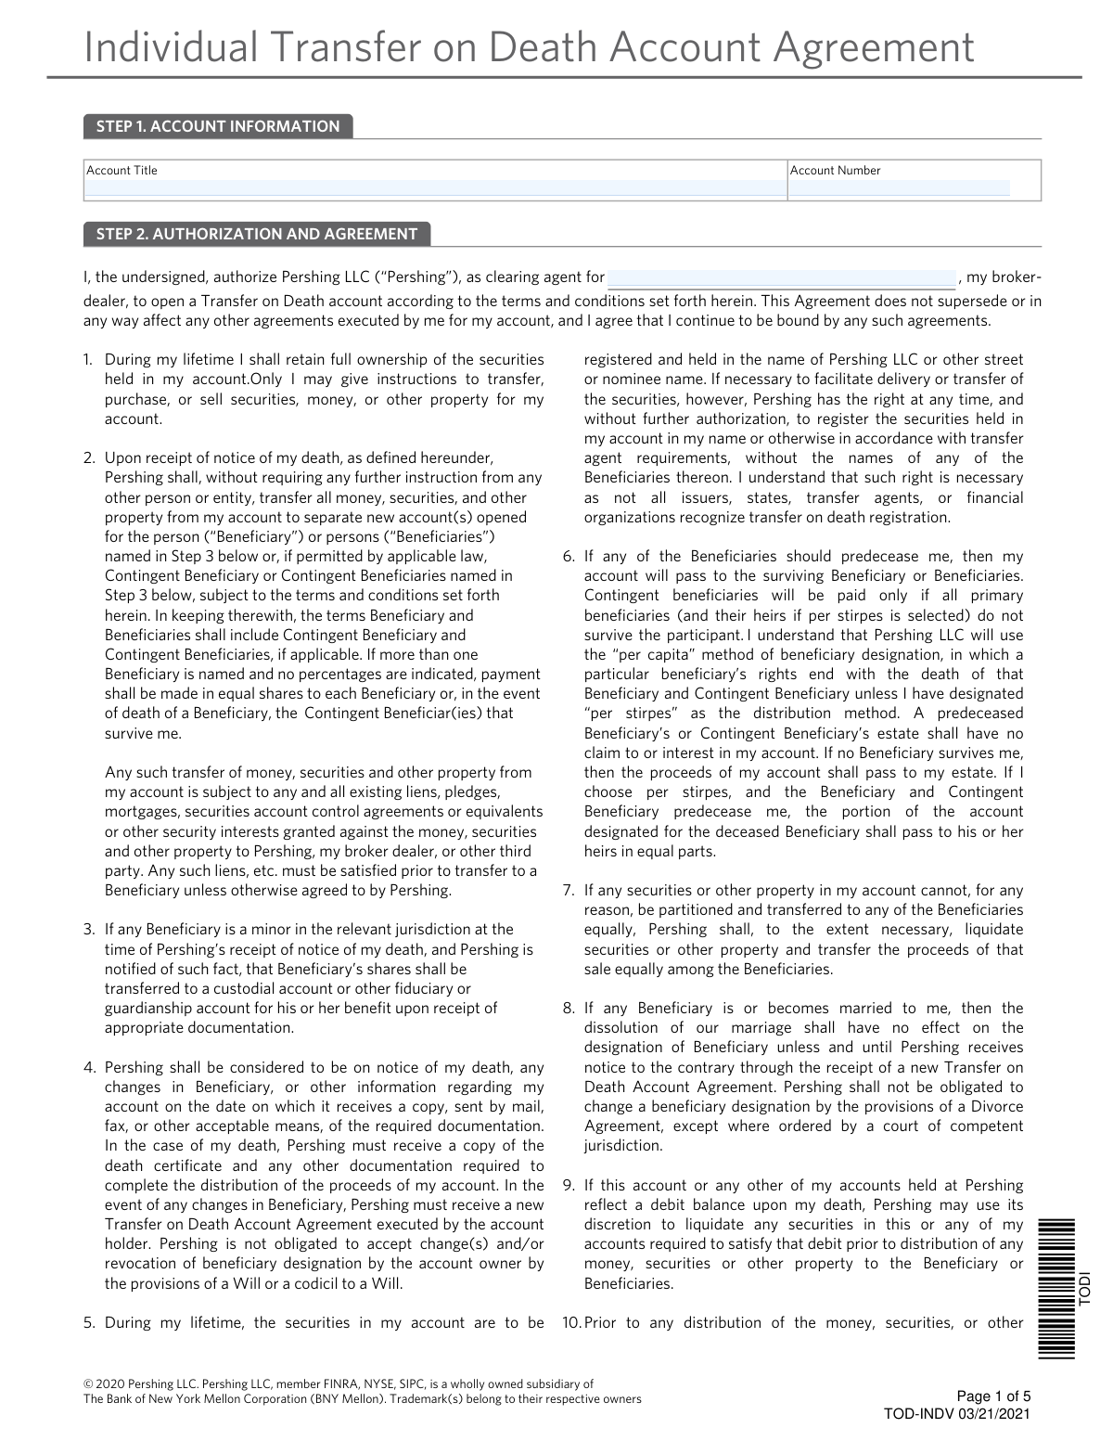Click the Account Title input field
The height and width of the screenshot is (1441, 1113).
click(x=434, y=188)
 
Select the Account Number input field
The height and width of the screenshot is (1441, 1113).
click(x=898, y=188)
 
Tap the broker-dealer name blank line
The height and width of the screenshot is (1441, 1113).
click(x=781, y=278)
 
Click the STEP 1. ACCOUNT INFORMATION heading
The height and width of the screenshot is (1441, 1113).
click(x=218, y=127)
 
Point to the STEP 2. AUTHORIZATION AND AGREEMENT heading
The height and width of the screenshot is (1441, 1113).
click(x=257, y=235)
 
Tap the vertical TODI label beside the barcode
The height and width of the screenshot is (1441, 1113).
click(x=1086, y=1291)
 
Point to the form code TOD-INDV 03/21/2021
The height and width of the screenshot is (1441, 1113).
click(x=956, y=1415)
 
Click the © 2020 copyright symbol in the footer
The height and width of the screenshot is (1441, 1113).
click(x=87, y=1383)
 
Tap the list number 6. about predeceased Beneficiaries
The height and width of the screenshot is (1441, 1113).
click(x=569, y=557)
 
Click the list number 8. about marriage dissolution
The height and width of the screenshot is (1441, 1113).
click(x=569, y=1009)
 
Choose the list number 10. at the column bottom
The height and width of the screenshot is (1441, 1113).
click(x=570, y=1323)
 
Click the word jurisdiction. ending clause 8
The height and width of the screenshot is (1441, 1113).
click(x=623, y=1146)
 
